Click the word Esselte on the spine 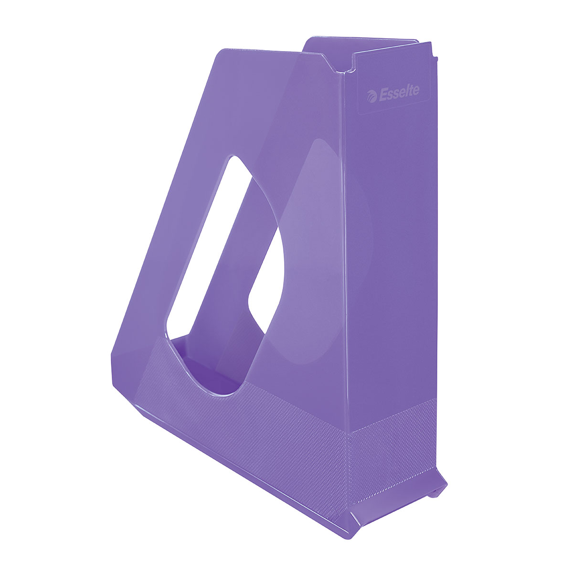pos(399,93)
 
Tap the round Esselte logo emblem pos(371,96)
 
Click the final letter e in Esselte pos(416,90)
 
